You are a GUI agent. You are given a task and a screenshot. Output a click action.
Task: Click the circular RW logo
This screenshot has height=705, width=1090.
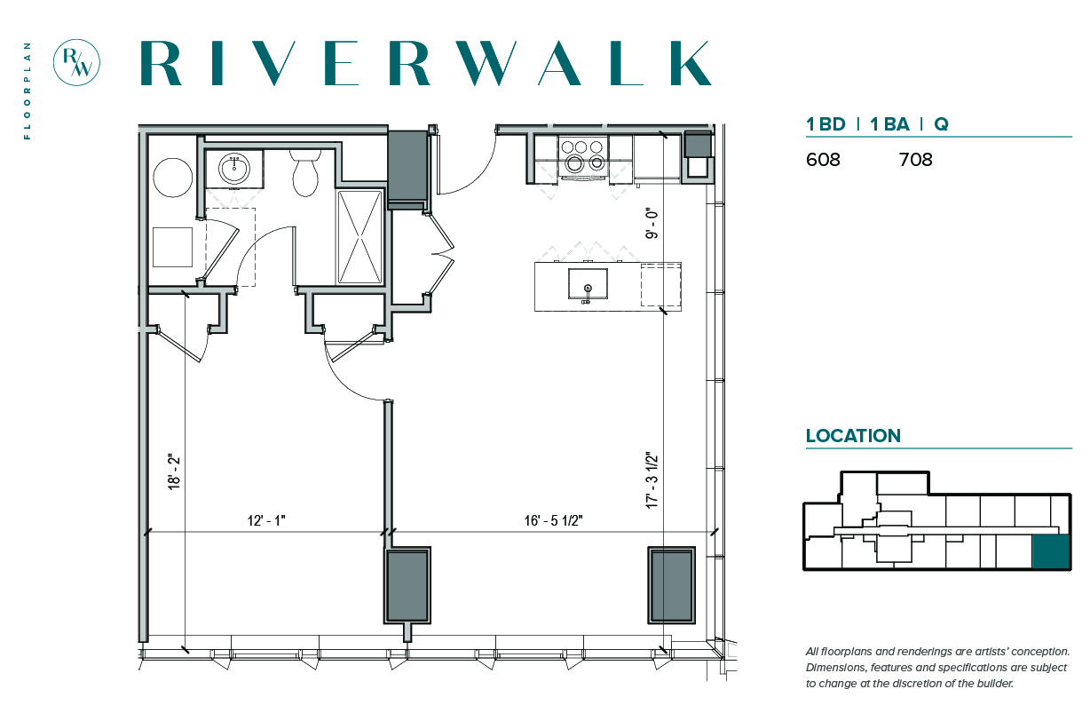tap(76, 62)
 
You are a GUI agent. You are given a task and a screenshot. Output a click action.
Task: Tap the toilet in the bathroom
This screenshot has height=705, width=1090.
tap(305, 172)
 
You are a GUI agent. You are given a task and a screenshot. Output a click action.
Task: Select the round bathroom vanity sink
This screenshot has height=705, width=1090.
tap(234, 169)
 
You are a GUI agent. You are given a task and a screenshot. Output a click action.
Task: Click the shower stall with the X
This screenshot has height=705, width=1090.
tap(360, 237)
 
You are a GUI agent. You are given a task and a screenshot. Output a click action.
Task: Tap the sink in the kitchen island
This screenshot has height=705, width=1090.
tap(588, 285)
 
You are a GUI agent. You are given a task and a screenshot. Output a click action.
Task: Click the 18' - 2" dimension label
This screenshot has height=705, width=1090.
tap(174, 472)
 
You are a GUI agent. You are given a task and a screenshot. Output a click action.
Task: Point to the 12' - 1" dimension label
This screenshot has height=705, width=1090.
tap(266, 520)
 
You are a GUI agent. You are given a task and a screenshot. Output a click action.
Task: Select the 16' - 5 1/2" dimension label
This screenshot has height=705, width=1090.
tap(553, 520)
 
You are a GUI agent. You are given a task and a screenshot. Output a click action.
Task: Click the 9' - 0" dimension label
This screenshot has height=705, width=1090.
tap(652, 224)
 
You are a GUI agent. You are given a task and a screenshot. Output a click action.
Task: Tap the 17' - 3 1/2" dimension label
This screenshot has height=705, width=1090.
tap(652, 480)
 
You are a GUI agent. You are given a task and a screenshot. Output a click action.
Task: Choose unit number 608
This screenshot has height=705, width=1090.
tap(823, 160)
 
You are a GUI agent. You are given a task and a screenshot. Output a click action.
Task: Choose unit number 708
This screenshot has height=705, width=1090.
tap(915, 160)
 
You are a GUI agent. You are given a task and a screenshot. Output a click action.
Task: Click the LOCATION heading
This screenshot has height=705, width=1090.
tap(853, 436)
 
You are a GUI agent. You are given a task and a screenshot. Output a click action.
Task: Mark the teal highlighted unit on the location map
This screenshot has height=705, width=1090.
tap(1051, 551)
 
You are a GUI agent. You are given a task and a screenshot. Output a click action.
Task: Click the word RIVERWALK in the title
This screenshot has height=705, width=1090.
tap(426, 63)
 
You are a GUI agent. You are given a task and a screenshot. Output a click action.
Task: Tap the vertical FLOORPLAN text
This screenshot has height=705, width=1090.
tap(28, 91)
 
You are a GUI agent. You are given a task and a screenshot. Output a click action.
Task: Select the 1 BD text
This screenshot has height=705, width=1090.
tap(825, 124)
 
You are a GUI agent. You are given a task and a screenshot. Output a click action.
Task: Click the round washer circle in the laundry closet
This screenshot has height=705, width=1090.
tap(173, 178)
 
